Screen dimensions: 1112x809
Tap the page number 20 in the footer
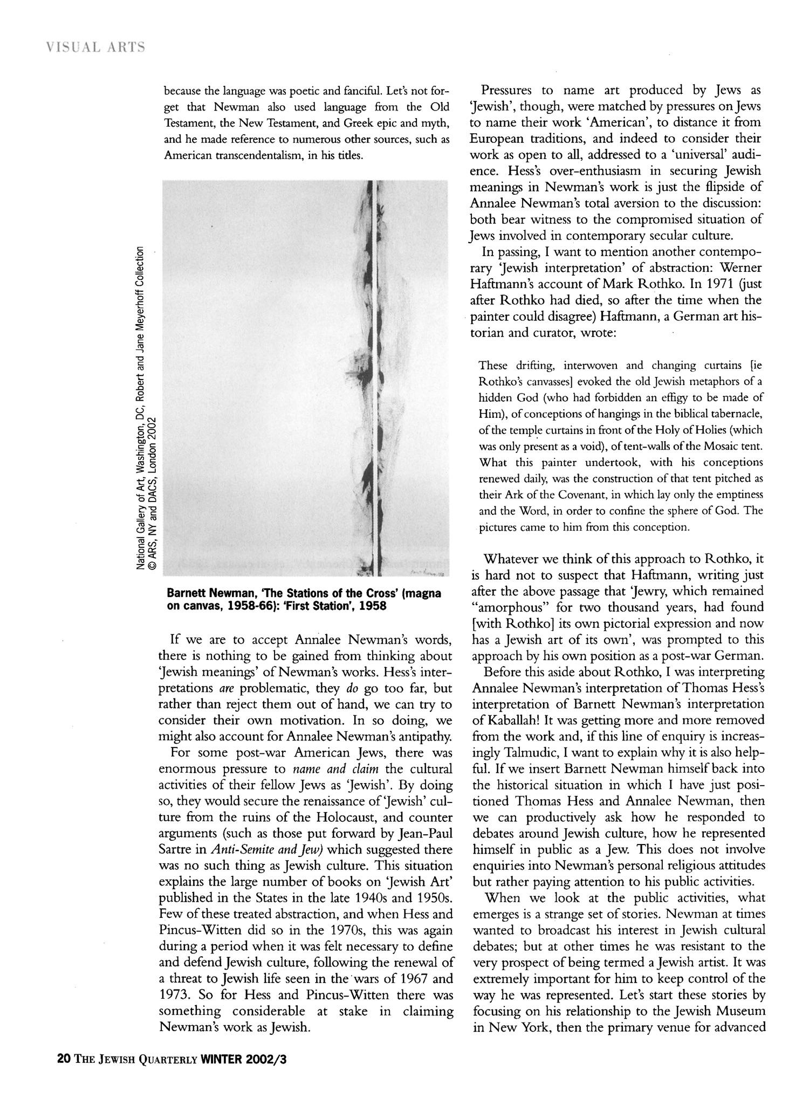(x=63, y=1074)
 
